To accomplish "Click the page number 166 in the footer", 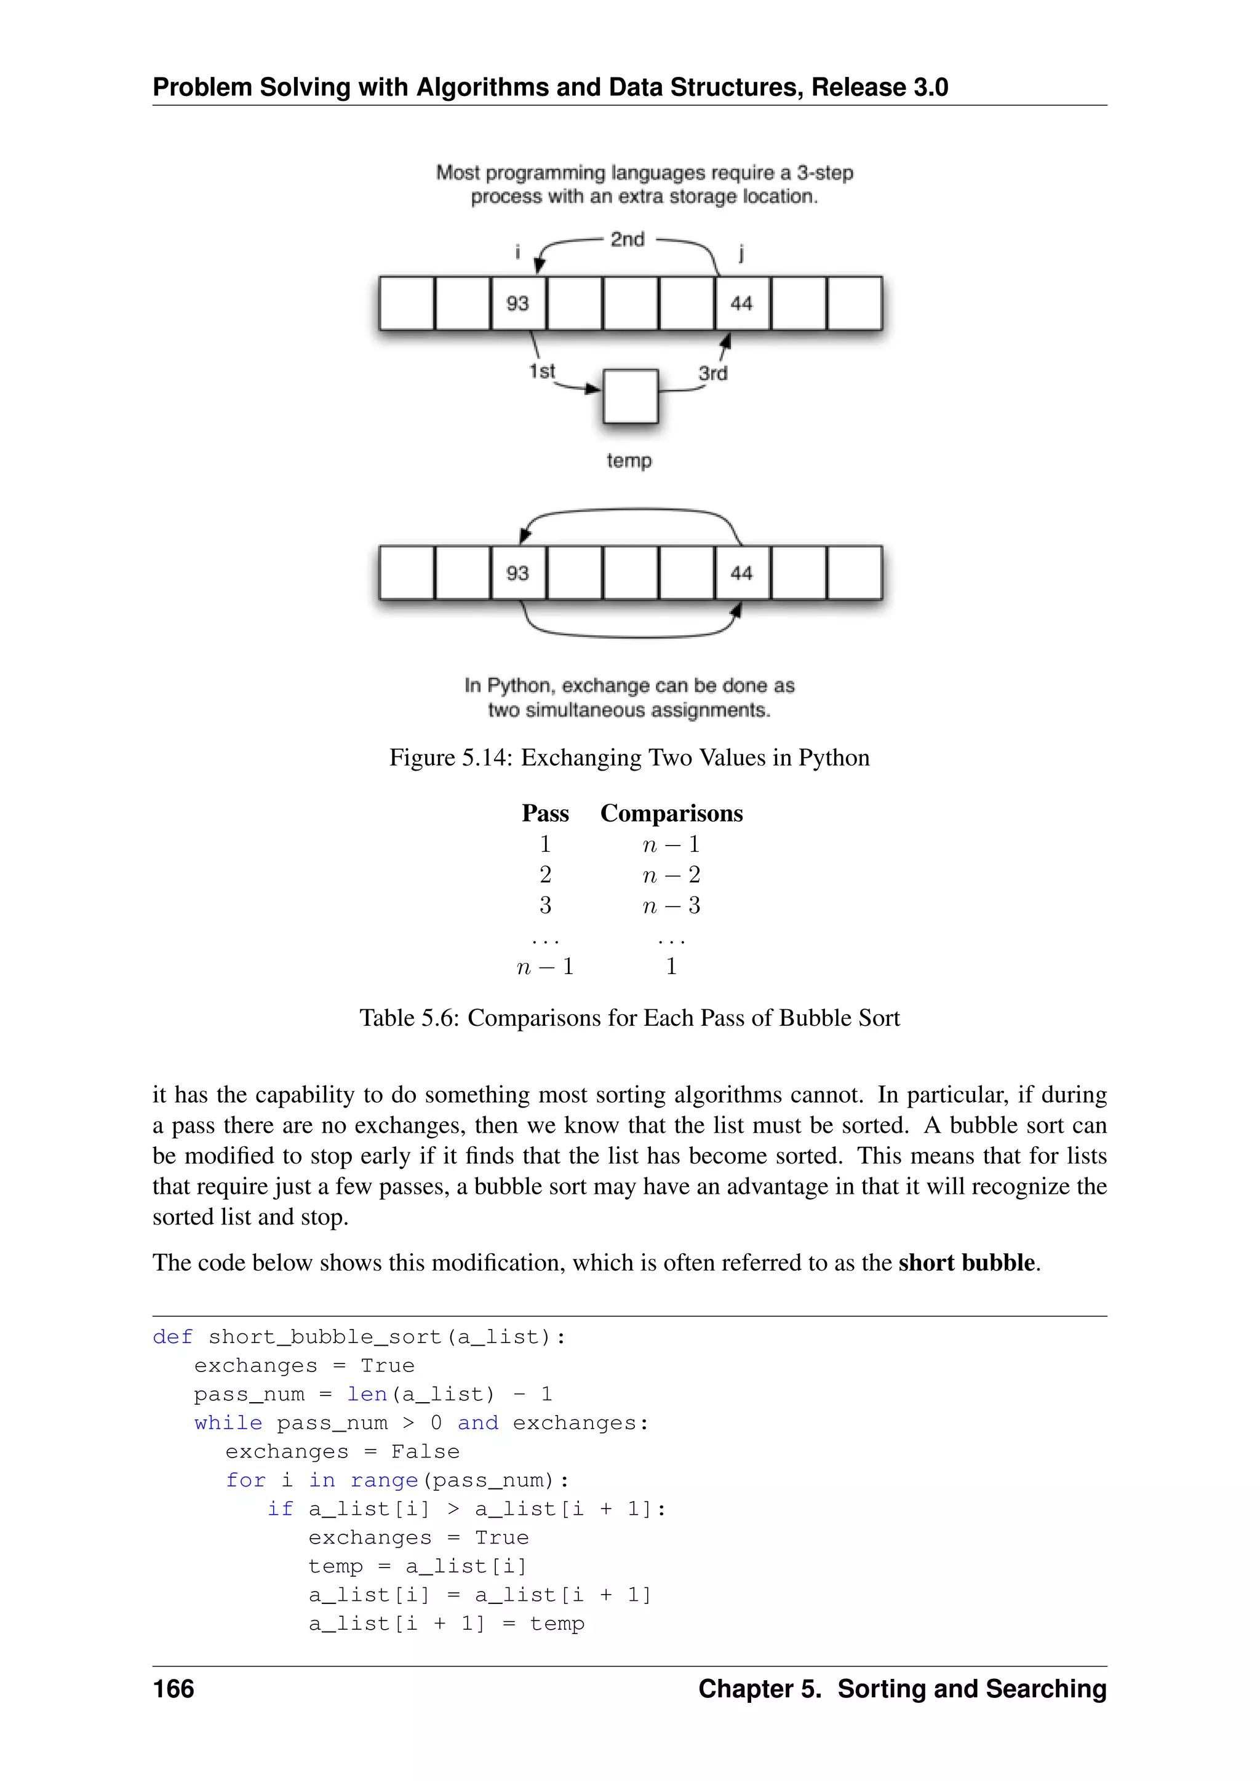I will coord(173,1689).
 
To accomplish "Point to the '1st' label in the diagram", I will coord(541,371).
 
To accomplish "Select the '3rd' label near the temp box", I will coord(712,373).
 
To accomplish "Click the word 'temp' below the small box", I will coord(628,461).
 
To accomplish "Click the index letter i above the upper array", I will coord(517,252).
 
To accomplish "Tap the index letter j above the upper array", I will coord(741,252).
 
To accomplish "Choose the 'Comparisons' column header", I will coord(671,813).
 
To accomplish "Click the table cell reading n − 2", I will coord(671,875).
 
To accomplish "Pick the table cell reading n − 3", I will coord(671,905).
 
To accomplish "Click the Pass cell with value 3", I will coord(546,905).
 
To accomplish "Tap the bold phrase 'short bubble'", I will coord(967,1263).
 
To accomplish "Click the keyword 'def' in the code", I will coord(172,1336).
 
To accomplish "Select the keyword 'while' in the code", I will coord(228,1422).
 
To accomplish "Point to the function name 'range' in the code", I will coord(384,1480).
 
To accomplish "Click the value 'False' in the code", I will coord(425,1451).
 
